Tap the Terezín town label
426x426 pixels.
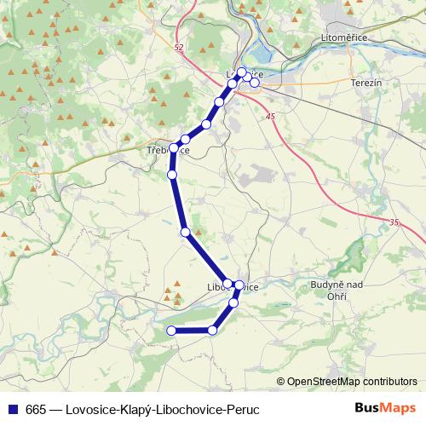(x=369, y=83)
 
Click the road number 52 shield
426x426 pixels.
(x=176, y=49)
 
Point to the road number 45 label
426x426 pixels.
(x=270, y=116)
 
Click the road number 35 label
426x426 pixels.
(x=394, y=222)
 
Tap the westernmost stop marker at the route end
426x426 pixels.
(x=171, y=331)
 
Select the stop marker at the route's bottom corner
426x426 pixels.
(x=213, y=331)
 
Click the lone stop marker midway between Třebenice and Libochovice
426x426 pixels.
(x=184, y=232)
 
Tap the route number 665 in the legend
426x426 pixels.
(x=36, y=410)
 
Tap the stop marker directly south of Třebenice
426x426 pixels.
(x=172, y=175)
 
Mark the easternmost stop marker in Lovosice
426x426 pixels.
(x=254, y=83)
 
